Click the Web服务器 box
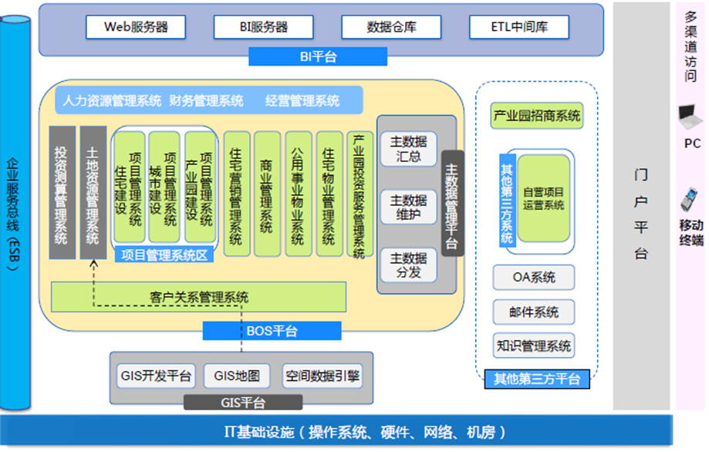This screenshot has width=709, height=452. click(x=136, y=27)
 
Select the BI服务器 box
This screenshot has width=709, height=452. click(x=262, y=27)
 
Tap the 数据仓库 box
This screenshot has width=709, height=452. click(x=390, y=27)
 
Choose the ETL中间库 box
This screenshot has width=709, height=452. click(x=519, y=27)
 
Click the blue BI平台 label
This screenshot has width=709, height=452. click(x=318, y=56)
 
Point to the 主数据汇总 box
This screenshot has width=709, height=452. click(x=408, y=149)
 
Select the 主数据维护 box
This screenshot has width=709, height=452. click(x=408, y=207)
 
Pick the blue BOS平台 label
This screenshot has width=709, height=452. click(x=272, y=331)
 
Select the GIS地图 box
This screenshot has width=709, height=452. click(x=237, y=376)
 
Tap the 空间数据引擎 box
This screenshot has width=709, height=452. click(x=322, y=376)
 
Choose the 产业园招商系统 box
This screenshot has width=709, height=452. click(x=535, y=116)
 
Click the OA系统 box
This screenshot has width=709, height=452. click(x=534, y=277)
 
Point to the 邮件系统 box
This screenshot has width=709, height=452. click(x=534, y=312)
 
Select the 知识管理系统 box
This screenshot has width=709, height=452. click(x=534, y=346)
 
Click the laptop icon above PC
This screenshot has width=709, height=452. click(x=690, y=117)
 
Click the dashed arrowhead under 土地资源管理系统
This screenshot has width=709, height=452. click(x=93, y=265)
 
